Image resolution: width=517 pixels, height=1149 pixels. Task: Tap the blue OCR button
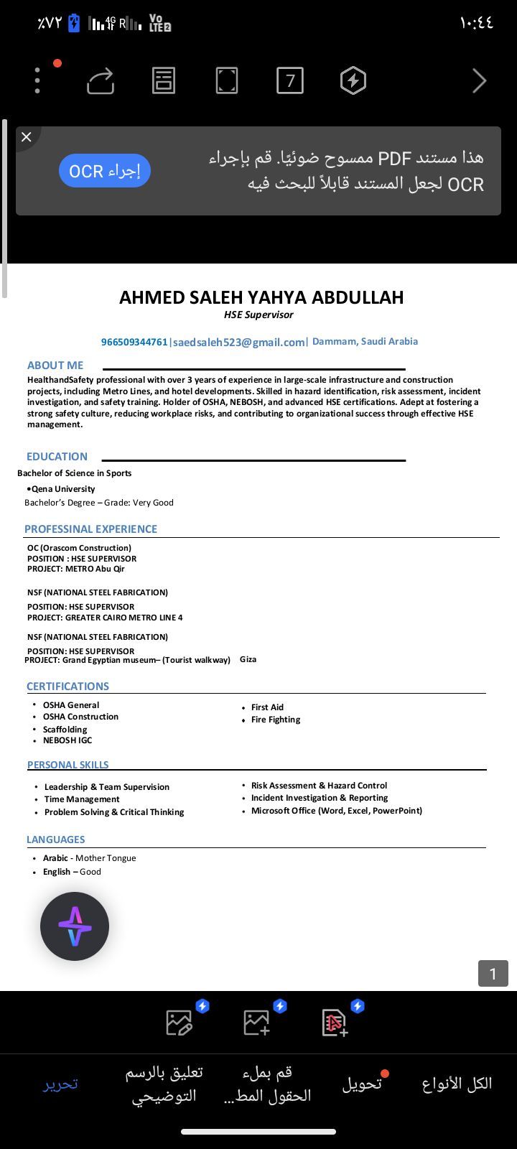[x=105, y=171]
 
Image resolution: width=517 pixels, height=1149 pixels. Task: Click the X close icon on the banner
[x=27, y=136]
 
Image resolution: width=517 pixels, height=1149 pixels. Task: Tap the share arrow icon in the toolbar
[x=101, y=80]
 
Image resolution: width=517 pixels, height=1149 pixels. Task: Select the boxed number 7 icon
[x=290, y=80]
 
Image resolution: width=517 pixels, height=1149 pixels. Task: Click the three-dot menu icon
[x=37, y=80]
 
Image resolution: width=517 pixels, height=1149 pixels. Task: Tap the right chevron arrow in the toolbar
[x=479, y=80]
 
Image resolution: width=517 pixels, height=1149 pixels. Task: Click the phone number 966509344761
[x=134, y=343]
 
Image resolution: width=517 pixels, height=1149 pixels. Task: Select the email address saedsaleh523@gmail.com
[x=239, y=343]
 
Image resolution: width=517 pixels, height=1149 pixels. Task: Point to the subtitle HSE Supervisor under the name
[x=258, y=315]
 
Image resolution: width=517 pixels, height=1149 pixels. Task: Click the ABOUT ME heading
[x=55, y=366]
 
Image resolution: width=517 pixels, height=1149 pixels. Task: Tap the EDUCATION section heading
[x=57, y=457]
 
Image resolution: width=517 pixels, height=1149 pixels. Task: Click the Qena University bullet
[x=63, y=489]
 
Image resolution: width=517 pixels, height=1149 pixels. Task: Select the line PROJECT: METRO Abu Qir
[x=76, y=569]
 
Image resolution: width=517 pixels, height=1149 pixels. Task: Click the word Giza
[x=248, y=659]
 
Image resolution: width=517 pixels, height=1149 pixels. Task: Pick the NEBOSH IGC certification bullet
[x=67, y=740]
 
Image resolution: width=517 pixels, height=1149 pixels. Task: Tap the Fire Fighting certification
[x=276, y=720]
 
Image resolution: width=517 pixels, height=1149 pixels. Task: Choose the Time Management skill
[x=82, y=799]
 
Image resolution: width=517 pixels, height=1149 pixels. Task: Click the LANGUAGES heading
[x=55, y=839]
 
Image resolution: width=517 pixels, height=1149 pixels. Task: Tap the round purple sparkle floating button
[x=75, y=926]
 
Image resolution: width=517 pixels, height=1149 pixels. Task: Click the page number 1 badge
[x=493, y=974]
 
